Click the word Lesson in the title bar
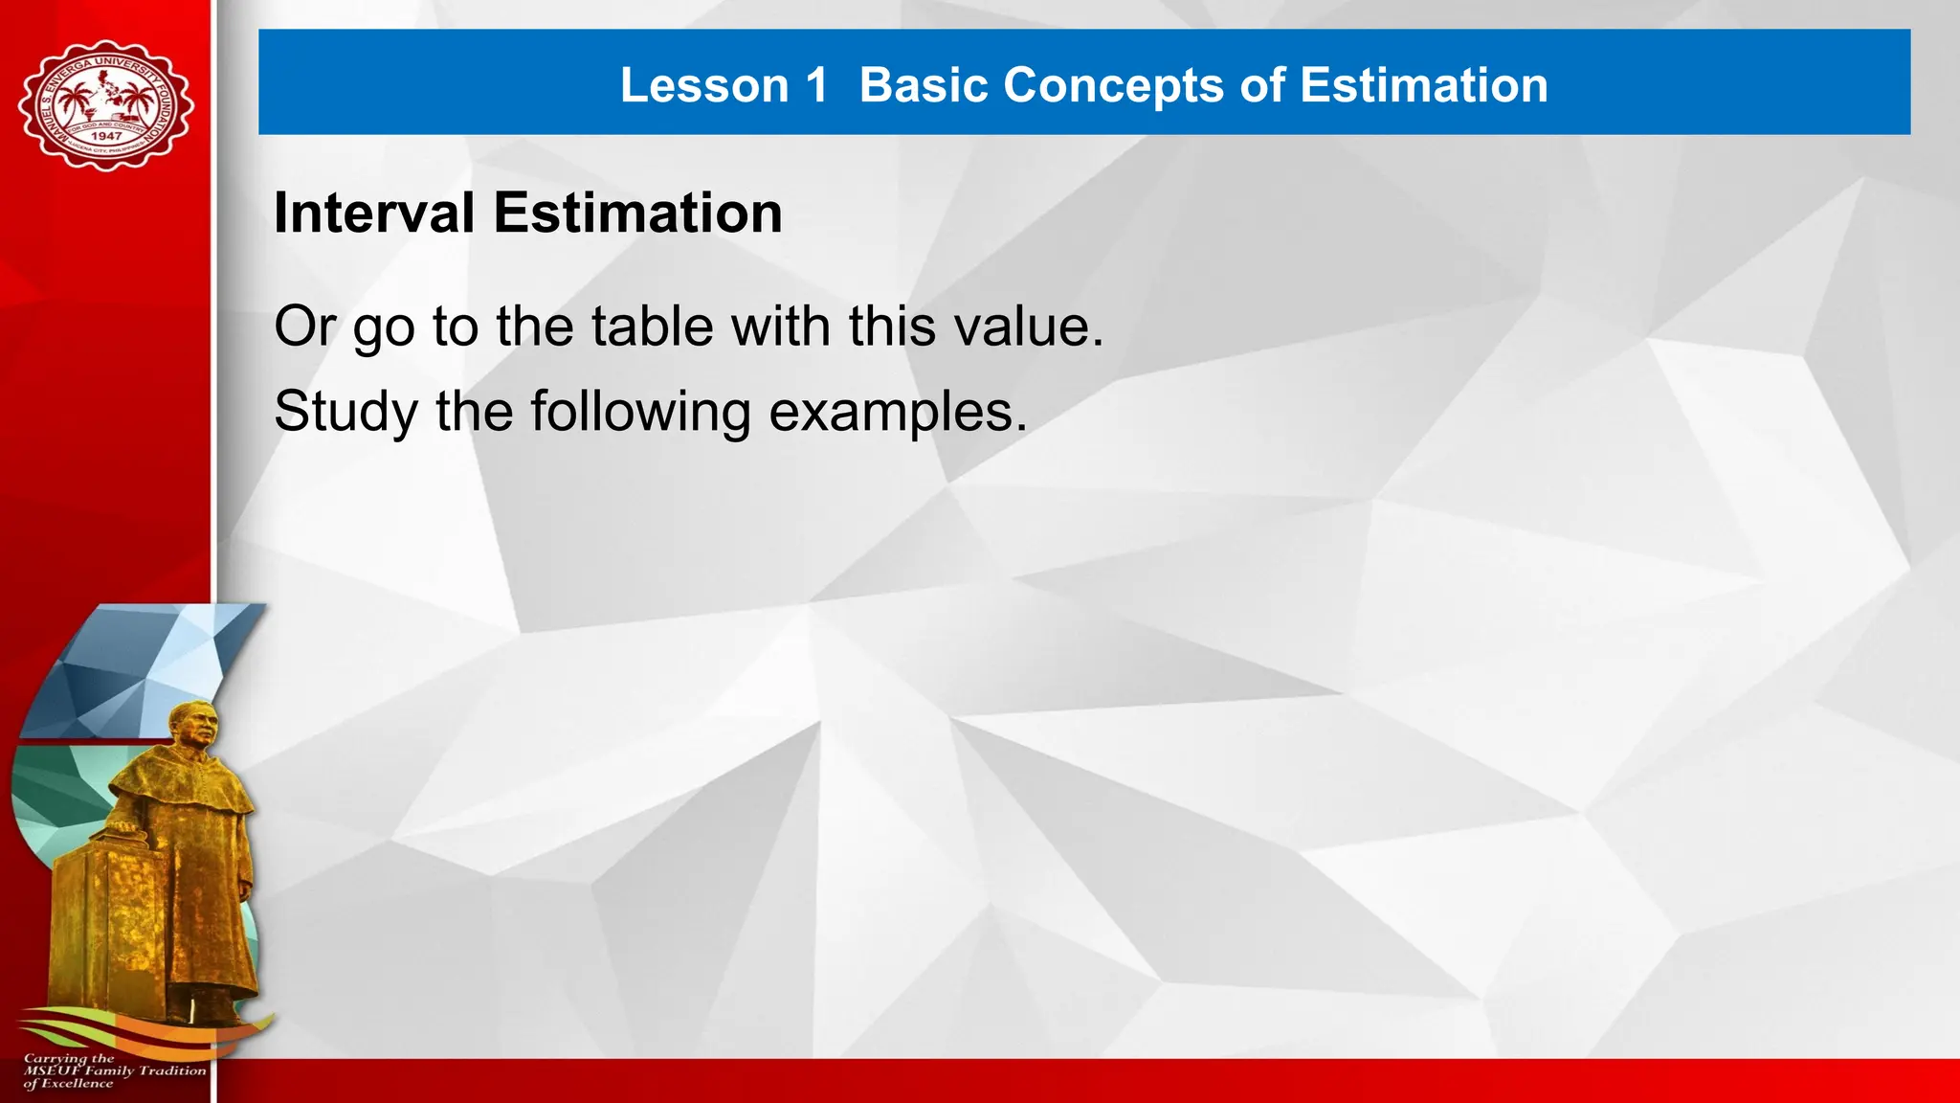click(703, 85)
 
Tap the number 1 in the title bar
click(815, 85)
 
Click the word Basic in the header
click(923, 85)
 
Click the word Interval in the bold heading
click(373, 213)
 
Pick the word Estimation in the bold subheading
click(637, 213)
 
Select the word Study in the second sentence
click(345, 412)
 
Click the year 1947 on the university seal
click(106, 136)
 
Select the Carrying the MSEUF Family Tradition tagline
click(113, 1070)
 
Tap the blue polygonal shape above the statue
click(144, 670)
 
